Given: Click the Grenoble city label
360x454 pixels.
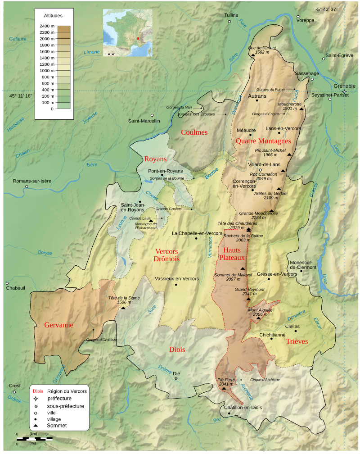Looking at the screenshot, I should coord(344,86).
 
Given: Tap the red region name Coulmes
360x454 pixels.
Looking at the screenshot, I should coord(194,132).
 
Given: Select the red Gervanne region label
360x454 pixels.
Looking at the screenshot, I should coord(58,325).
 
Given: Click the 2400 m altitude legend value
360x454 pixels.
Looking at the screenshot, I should coord(46,26).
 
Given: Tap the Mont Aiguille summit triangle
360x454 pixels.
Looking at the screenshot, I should coord(258,318).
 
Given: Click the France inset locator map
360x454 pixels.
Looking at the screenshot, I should coord(127,32).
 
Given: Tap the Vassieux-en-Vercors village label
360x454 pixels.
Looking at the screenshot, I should coord(176,279).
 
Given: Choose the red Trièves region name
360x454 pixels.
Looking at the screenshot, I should coord(297,341).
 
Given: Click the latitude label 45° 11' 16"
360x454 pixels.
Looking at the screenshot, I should coord(21,96).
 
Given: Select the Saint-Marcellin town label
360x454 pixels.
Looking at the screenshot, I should coord(144,121).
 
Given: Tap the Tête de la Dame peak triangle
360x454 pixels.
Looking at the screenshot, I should coord(123,308).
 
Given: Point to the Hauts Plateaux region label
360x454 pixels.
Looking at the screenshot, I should coord(232,254).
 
